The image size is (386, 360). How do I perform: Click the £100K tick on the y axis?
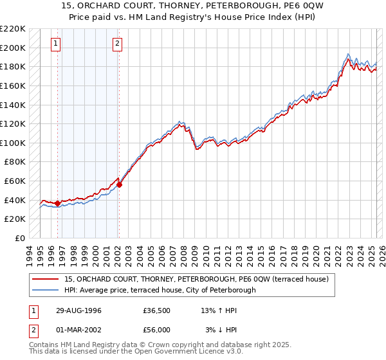coord(13,143)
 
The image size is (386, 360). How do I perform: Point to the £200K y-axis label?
coord(13,48)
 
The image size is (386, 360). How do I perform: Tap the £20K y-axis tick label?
coord(15,219)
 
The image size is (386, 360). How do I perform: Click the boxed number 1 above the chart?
coord(57,44)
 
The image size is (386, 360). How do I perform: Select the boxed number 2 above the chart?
coord(118,44)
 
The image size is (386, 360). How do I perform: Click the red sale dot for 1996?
coord(58,204)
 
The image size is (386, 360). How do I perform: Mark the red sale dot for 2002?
coord(119,184)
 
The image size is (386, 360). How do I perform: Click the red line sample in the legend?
coord(46,279)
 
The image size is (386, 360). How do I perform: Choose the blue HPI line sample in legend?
coord(46,290)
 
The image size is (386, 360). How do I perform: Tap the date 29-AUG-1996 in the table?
coord(78,310)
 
